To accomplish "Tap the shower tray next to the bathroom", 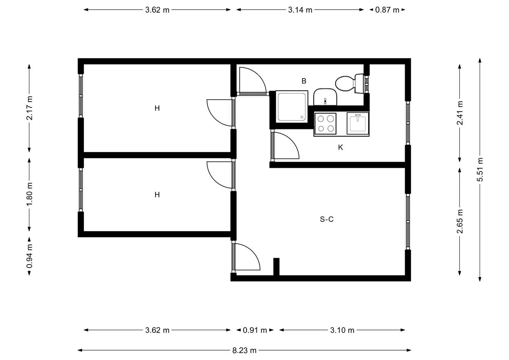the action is [292, 107].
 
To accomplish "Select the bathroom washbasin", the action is [325, 97].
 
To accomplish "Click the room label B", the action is [304, 81].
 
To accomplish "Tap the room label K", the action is [340, 148].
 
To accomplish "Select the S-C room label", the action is [326, 219].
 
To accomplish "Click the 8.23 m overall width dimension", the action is [244, 350].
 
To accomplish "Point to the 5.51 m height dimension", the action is [480, 170].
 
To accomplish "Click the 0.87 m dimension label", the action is [387, 10].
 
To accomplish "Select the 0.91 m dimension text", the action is [255, 330].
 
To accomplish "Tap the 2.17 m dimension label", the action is [29, 108].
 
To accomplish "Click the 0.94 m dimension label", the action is [29, 256].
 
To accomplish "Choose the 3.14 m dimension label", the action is [300, 10].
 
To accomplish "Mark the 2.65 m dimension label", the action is [460, 222].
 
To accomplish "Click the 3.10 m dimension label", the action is [342, 330].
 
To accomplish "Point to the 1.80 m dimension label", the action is [29, 194].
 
